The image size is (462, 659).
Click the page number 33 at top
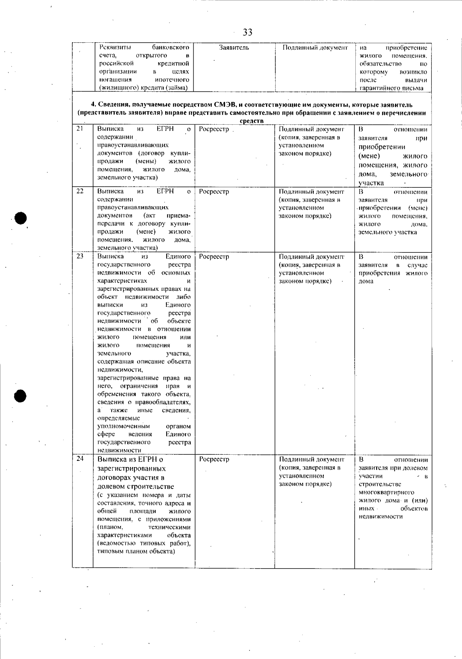click(x=248, y=32)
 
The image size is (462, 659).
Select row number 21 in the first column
click(x=80, y=128)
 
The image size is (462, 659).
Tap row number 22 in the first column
click(x=80, y=191)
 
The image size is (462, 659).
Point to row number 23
click(x=80, y=256)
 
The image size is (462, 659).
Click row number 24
click(x=80, y=458)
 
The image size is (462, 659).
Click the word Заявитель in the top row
click(x=234, y=48)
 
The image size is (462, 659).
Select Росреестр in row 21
click(x=214, y=129)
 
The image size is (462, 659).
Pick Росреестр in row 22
click(x=214, y=192)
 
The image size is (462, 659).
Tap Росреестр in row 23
click(x=214, y=257)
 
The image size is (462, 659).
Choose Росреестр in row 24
click(x=214, y=459)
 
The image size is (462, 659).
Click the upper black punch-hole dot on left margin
click(x=20, y=218)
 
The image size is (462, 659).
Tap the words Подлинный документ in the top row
click(x=315, y=48)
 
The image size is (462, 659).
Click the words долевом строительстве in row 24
click(x=136, y=486)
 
